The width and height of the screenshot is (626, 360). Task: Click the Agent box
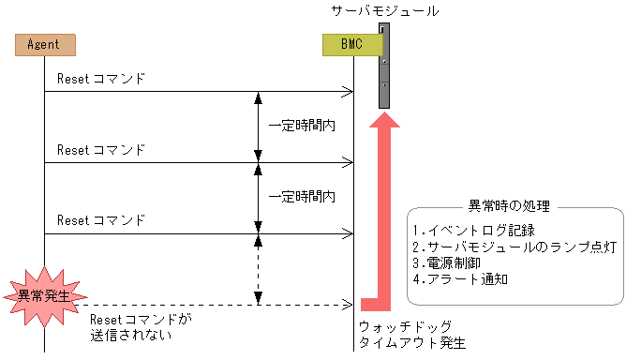(44, 44)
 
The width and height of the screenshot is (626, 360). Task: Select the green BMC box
(352, 44)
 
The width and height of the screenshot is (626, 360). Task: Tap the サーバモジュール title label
(384, 11)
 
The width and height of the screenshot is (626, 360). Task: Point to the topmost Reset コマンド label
(101, 79)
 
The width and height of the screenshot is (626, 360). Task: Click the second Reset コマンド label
(101, 150)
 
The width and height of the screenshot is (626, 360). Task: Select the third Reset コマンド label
(101, 221)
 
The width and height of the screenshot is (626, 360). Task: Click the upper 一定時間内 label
(302, 125)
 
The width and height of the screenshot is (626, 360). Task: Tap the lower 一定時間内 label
(302, 197)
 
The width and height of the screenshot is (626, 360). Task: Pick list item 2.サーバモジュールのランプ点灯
(514, 247)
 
